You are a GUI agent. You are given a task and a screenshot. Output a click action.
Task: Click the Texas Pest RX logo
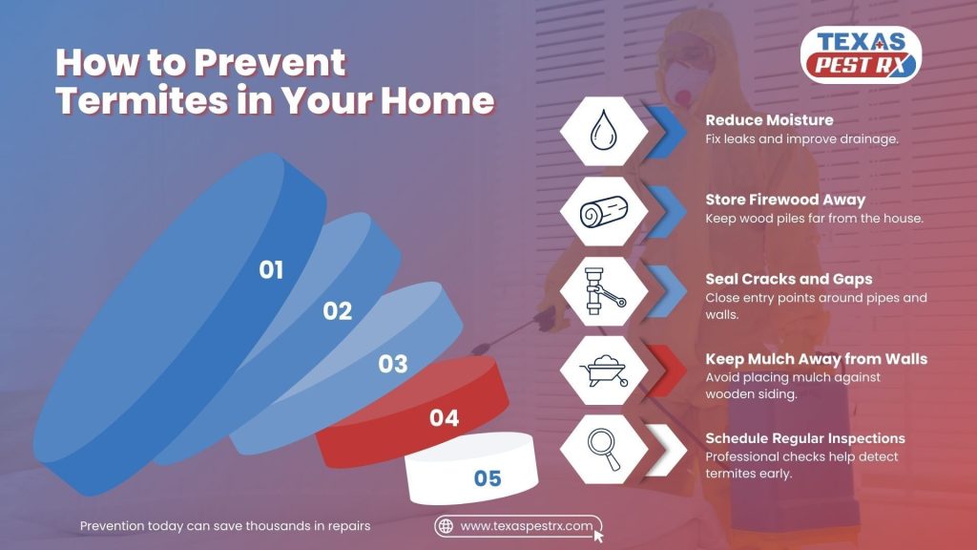point(861,54)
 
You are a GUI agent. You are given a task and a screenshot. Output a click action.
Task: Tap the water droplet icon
point(603,130)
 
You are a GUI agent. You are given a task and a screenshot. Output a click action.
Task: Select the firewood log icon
point(604,211)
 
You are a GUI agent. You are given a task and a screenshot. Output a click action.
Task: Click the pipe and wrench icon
point(603,291)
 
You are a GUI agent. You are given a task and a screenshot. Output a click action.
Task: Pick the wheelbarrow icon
point(604,370)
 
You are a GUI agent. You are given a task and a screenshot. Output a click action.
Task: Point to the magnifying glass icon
point(604,450)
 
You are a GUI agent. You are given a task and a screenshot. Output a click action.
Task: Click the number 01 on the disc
point(271,270)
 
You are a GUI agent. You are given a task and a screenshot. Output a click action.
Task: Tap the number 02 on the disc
point(337,311)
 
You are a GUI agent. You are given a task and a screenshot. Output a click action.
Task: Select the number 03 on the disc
point(392,364)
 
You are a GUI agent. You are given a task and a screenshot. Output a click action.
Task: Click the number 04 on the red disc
point(445,418)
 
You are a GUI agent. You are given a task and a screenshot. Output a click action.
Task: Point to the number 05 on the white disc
point(488,478)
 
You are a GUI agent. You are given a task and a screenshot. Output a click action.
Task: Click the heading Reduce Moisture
point(769,119)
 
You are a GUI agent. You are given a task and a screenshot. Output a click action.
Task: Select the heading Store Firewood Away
point(785,200)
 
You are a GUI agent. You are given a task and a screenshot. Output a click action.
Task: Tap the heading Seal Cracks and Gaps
point(789,279)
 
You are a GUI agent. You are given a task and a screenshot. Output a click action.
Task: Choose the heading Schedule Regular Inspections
point(805,438)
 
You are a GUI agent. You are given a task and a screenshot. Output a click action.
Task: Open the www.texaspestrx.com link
point(527,526)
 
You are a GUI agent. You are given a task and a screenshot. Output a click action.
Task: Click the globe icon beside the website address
point(446,526)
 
